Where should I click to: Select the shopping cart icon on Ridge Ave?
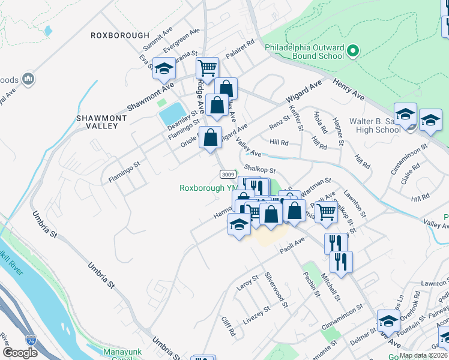coord(207,68)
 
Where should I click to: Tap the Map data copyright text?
coord(422,355)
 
